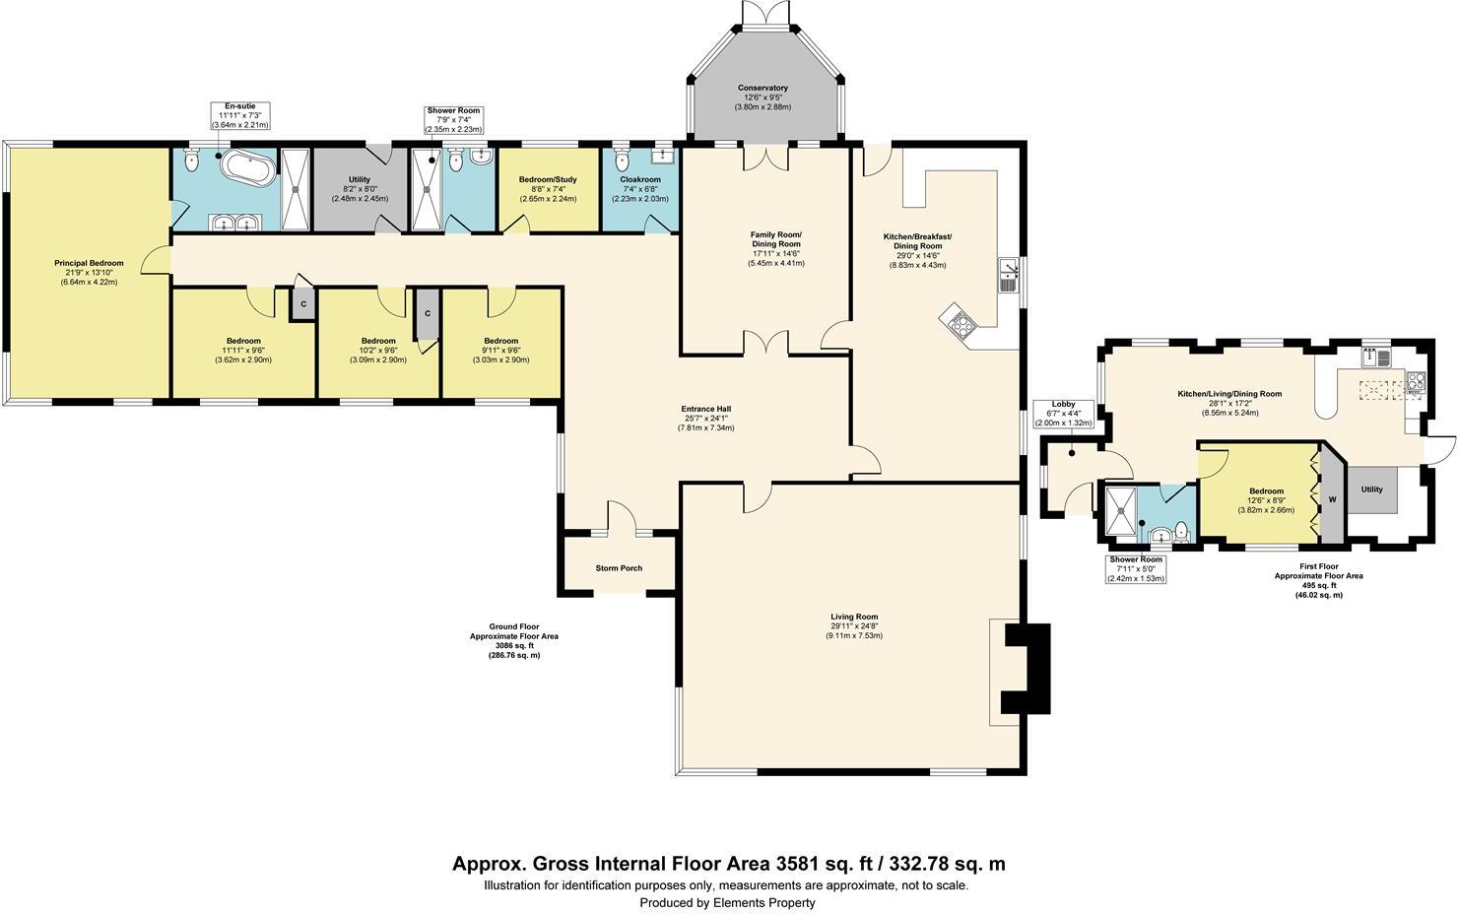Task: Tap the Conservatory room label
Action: (x=762, y=88)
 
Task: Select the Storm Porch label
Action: (x=619, y=568)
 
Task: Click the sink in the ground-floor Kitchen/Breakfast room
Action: (x=1008, y=275)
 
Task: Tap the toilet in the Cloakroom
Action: (x=621, y=160)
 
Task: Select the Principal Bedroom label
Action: (x=89, y=263)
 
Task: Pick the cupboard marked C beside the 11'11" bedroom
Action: (x=302, y=304)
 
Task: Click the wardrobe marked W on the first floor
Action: (x=1332, y=499)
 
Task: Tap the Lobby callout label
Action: (x=1063, y=404)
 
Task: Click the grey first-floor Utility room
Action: (x=1371, y=490)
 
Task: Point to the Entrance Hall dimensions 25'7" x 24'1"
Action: (x=705, y=419)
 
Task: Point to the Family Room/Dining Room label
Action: (x=775, y=239)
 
